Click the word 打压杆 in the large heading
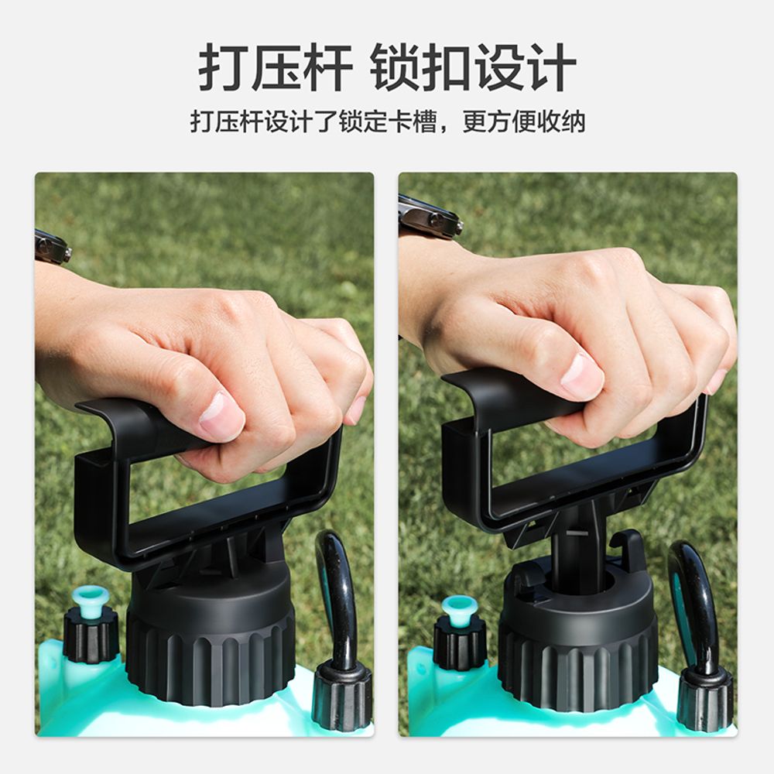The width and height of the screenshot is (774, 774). (275, 67)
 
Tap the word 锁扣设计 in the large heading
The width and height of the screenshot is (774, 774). (473, 67)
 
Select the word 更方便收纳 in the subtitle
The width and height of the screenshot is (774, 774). (524, 122)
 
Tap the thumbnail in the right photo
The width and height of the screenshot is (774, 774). (582, 376)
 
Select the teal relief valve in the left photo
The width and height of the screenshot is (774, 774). (90, 600)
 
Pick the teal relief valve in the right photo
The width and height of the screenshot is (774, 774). (459, 610)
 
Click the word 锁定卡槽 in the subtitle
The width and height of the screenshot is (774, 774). (388, 122)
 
